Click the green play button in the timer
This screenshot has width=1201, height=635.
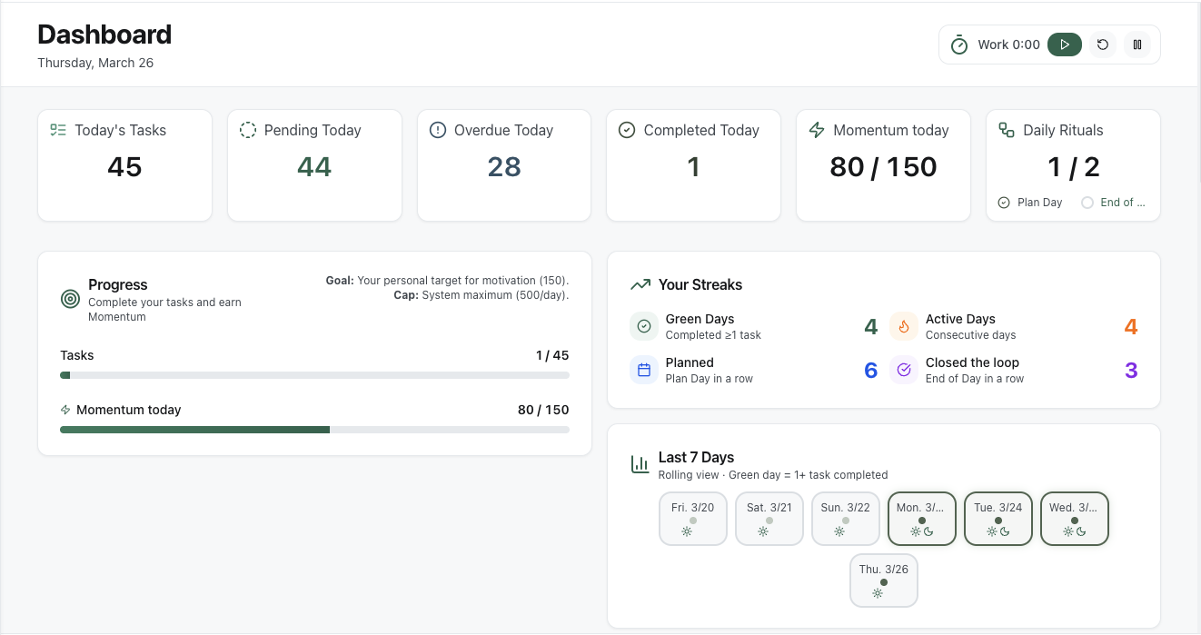(1064, 45)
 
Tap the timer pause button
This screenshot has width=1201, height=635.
(1137, 45)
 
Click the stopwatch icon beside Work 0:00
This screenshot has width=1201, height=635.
(959, 45)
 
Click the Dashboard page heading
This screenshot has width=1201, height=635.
(104, 35)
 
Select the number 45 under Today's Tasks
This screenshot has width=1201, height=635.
(124, 167)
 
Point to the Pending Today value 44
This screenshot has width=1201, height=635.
(314, 167)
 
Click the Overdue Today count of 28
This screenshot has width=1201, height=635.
(504, 167)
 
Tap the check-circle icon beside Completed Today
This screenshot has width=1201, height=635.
(627, 130)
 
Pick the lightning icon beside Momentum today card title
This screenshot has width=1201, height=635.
(817, 130)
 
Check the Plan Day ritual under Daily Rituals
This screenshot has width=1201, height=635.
(1004, 203)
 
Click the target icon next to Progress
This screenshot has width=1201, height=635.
(70, 299)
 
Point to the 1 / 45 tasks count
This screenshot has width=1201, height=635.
(551, 355)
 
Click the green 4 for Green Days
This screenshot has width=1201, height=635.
(870, 327)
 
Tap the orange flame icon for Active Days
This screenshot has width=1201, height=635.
(904, 326)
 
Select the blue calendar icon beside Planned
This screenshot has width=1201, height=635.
(644, 370)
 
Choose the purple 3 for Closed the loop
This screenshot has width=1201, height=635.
(1131, 371)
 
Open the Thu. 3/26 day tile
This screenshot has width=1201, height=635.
(883, 580)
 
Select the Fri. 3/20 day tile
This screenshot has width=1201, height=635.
(692, 519)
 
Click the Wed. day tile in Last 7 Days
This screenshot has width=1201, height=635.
(1074, 519)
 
